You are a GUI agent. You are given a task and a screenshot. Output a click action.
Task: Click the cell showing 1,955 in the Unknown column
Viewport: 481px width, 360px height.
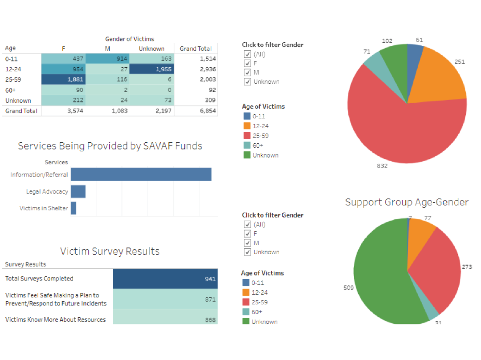tap(151, 69)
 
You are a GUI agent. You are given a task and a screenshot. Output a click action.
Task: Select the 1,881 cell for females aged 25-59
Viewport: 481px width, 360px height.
tap(63, 80)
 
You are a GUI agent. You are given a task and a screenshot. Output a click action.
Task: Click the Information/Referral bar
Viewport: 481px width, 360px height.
tap(141, 174)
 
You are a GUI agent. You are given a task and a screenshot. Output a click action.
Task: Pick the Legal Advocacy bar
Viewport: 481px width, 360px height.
tap(78, 192)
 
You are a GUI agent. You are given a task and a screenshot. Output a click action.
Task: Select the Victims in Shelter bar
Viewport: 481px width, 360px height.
tap(73, 208)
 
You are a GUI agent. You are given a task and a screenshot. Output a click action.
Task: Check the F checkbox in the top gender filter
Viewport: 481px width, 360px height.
tap(248, 63)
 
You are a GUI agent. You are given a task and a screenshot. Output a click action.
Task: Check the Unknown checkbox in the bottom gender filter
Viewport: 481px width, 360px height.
tap(248, 252)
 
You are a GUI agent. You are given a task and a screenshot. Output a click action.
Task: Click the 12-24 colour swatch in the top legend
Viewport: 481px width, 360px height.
tap(247, 126)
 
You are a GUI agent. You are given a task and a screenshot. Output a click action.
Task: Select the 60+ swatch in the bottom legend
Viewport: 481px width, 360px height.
tap(246, 312)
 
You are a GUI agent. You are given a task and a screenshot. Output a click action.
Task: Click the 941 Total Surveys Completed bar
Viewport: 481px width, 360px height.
tap(165, 279)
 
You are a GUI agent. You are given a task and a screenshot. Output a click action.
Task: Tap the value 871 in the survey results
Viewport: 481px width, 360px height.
tap(210, 299)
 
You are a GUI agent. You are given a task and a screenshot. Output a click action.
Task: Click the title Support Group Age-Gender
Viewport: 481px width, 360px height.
tap(407, 202)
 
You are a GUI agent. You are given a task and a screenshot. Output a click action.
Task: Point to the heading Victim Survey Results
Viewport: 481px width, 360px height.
tap(110, 251)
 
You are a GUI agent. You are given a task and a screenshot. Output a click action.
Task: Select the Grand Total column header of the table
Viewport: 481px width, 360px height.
tap(196, 49)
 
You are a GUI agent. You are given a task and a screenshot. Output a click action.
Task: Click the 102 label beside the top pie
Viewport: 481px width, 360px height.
tap(387, 41)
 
